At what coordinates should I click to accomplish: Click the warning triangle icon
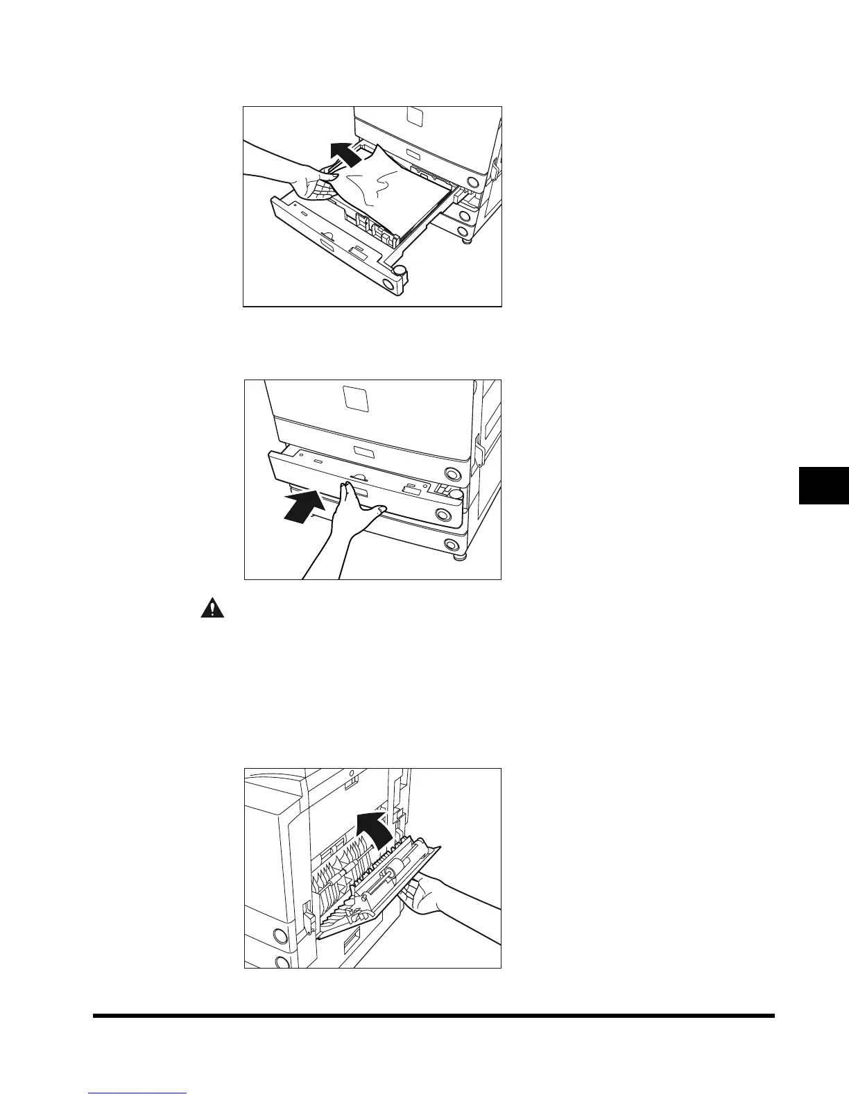point(208,608)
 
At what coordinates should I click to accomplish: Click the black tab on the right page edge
point(824,485)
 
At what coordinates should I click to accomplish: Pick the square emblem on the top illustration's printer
point(413,116)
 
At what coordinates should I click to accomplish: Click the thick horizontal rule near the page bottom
point(434,1016)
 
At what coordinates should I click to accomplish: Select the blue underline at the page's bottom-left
point(138,1093)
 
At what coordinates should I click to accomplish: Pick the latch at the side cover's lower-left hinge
point(309,920)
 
